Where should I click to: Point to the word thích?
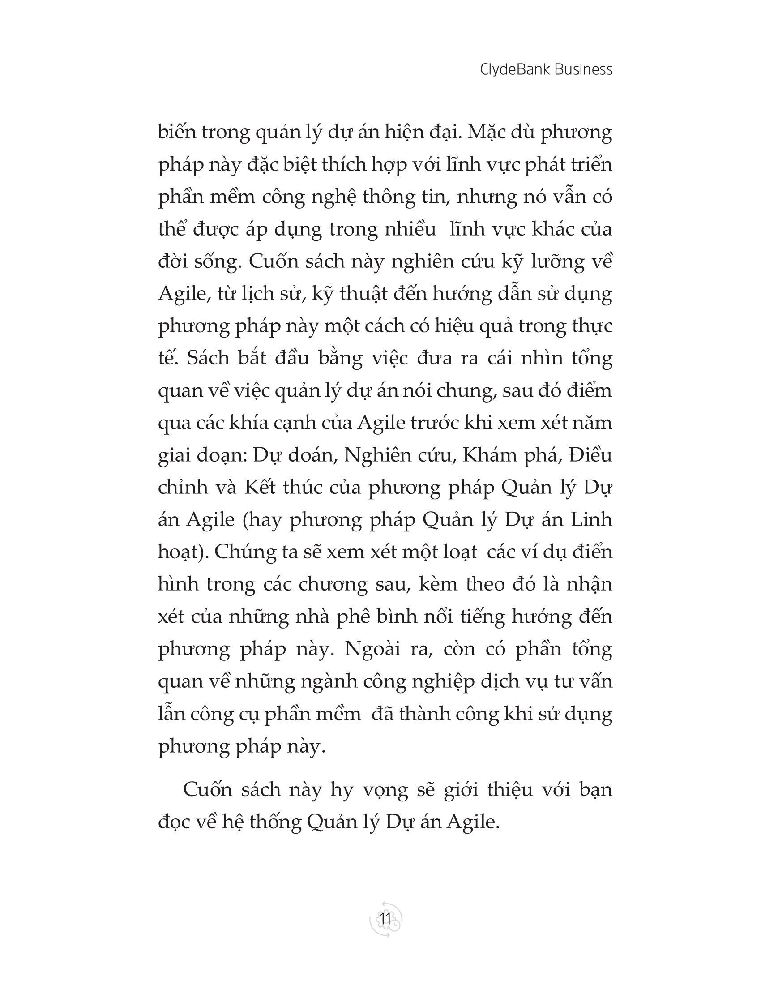click(342, 166)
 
